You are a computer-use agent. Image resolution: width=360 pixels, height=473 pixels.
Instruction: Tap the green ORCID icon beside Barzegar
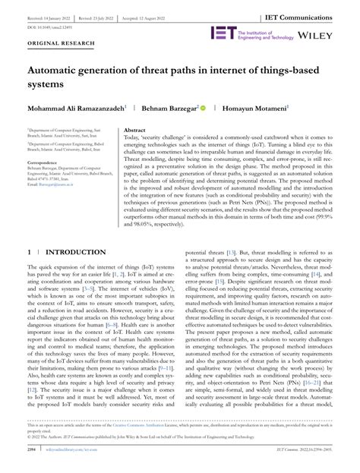coord(202,109)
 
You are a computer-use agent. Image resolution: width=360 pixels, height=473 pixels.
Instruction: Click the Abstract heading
coord(134,130)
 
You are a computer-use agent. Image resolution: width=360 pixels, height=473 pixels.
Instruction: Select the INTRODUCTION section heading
coord(76,251)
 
